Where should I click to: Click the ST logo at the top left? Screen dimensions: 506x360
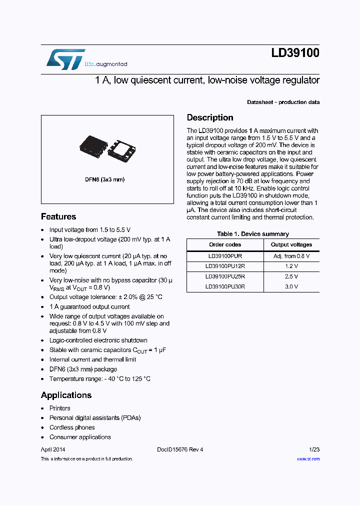[65, 59]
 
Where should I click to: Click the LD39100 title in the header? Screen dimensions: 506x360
[295, 53]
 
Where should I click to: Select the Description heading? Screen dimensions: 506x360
[210, 117]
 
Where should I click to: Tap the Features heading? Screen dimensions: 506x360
[58, 216]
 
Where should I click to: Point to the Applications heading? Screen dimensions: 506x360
[66, 395]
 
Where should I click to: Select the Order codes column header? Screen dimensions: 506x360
[225, 244]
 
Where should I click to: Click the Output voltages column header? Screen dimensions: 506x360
[291, 244]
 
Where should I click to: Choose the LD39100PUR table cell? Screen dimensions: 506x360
[225, 255]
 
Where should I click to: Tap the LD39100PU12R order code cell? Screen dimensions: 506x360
[225, 266]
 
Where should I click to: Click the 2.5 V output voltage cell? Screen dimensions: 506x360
[291, 276]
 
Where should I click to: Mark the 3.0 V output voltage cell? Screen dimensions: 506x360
[291, 287]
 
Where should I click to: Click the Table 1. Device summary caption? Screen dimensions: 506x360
[252, 234]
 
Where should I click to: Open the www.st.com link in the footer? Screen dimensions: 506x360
[308, 459]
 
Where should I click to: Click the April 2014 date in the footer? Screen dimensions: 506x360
[53, 449]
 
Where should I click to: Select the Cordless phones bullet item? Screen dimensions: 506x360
[72, 427]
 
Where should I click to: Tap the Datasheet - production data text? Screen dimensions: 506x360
[283, 102]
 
